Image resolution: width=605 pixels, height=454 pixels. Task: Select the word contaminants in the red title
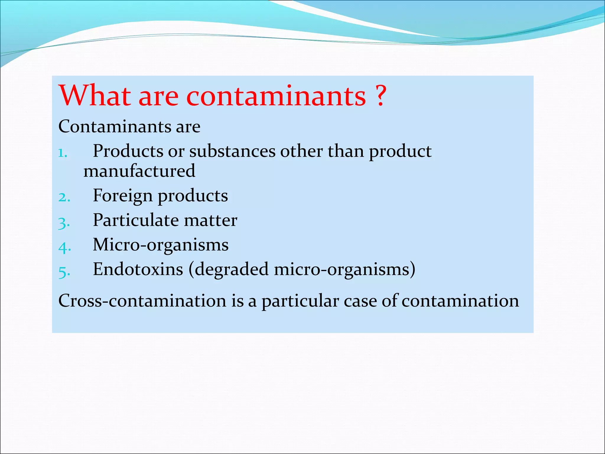click(x=276, y=96)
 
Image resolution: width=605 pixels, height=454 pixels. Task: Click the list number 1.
click(x=62, y=153)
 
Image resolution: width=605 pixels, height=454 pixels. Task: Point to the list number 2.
click(x=64, y=197)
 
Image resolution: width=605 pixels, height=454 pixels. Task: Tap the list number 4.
click(x=64, y=247)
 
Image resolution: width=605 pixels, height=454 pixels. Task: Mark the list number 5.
click(x=64, y=271)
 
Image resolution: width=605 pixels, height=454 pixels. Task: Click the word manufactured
click(x=139, y=171)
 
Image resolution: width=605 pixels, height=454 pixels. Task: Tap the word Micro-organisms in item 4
click(x=161, y=245)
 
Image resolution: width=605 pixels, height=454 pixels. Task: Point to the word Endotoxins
click(x=138, y=269)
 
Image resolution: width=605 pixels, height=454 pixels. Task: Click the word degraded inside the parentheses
click(x=232, y=270)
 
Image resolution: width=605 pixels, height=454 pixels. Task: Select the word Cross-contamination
click(x=142, y=301)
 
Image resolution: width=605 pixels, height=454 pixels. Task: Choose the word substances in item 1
click(x=232, y=151)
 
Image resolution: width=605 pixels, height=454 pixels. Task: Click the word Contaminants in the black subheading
click(x=114, y=127)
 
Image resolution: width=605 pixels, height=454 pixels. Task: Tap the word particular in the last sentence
click(x=300, y=301)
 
